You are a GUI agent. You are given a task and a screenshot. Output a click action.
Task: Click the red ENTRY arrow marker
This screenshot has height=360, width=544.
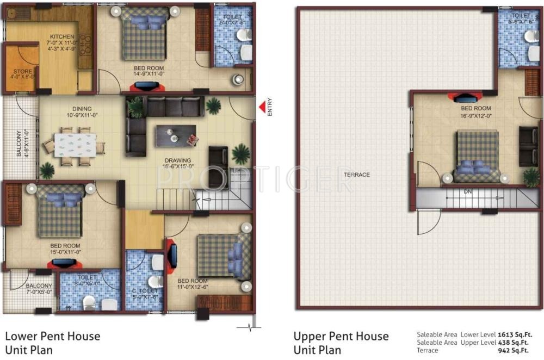pyautogui.click(x=262, y=107)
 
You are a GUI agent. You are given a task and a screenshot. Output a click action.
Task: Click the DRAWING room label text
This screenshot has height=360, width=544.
pyautogui.click(x=178, y=160)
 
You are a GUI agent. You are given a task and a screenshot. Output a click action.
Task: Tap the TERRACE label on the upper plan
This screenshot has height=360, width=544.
pyautogui.click(x=356, y=175)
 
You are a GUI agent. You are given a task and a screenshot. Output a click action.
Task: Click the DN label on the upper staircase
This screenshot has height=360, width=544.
pyautogui.click(x=468, y=192)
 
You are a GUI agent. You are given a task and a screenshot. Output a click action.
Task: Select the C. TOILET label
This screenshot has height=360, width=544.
pyautogui.click(x=145, y=290)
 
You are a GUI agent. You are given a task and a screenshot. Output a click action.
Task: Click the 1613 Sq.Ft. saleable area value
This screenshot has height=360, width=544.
pyautogui.click(x=516, y=335)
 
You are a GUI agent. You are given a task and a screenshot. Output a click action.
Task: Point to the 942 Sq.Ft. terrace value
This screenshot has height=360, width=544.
pyautogui.click(x=516, y=350)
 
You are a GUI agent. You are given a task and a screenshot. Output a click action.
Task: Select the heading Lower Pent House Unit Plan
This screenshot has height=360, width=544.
pyautogui.click(x=53, y=343)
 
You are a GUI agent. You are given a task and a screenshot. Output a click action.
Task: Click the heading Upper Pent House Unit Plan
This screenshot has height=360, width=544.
pyautogui.click(x=341, y=343)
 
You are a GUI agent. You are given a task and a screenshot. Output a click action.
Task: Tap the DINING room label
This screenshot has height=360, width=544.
pyautogui.click(x=79, y=109)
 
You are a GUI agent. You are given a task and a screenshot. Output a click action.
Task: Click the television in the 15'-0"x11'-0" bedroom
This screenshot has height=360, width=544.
pyautogui.click(x=65, y=264)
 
